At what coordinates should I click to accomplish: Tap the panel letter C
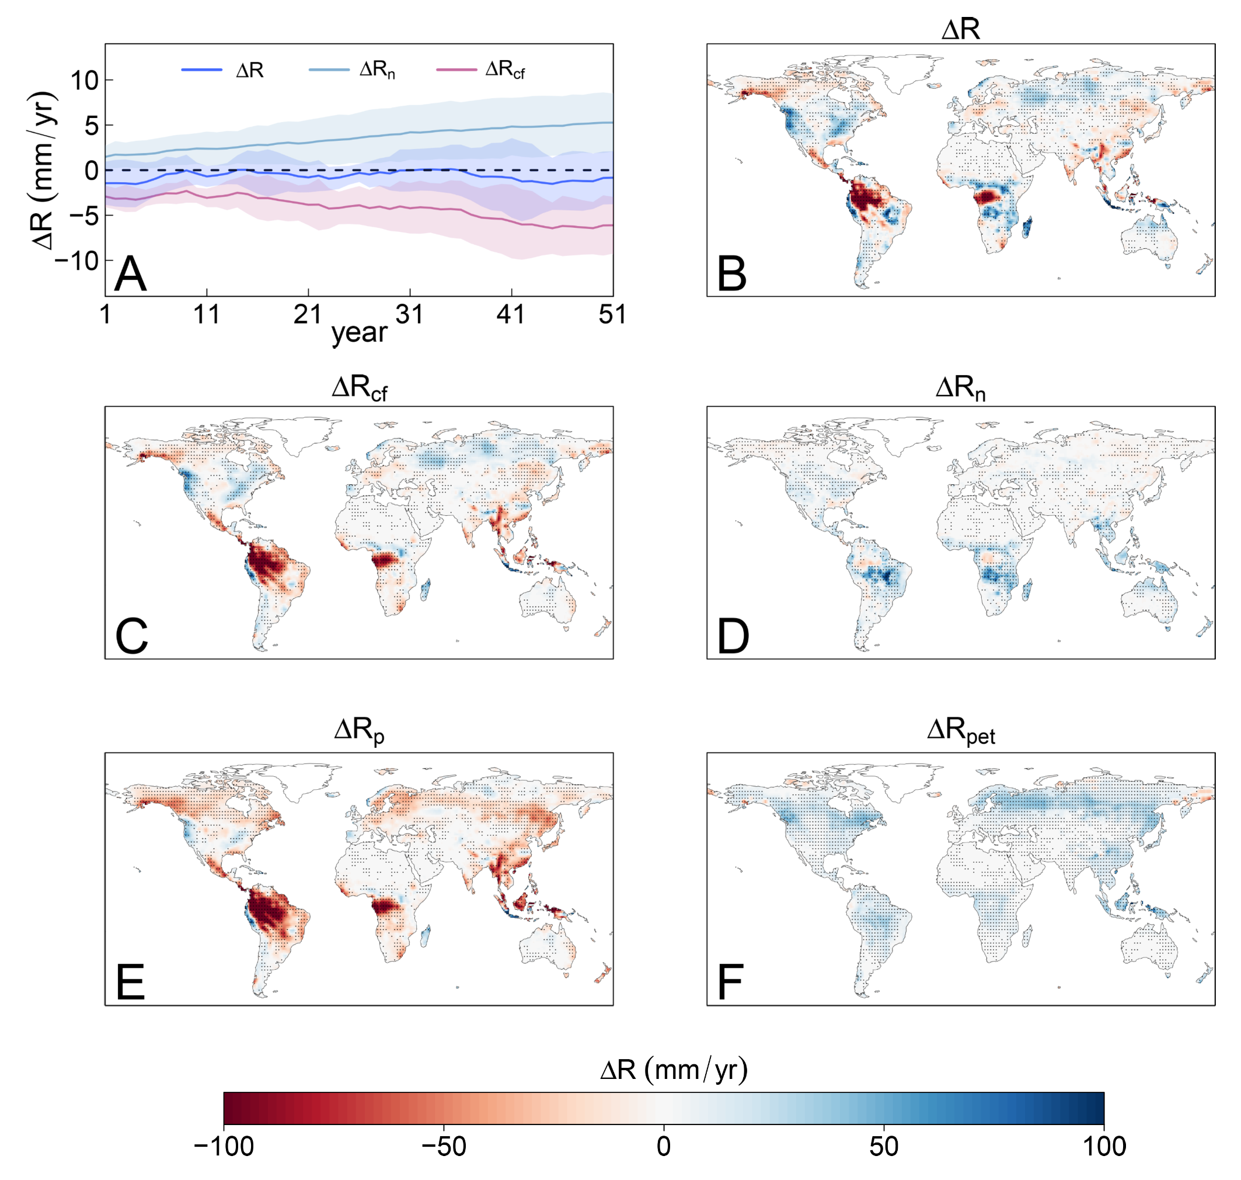pyautogui.click(x=131, y=637)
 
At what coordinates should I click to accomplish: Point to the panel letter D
pyautogui.click(x=733, y=637)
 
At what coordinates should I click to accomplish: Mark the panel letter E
pyautogui.click(x=130, y=983)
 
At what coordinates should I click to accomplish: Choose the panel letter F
pyautogui.click(x=730, y=983)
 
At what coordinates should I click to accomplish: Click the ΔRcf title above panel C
pyautogui.click(x=359, y=388)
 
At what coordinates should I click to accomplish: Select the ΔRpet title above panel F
pyautogui.click(x=961, y=731)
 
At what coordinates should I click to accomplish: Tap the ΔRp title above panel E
pyautogui.click(x=359, y=731)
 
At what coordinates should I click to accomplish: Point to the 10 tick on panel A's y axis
pyautogui.click(x=85, y=81)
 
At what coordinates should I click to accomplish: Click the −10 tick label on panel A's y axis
pyautogui.click(x=77, y=261)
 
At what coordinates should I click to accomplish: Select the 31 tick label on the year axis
pyautogui.click(x=409, y=314)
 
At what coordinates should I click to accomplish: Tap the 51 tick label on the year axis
pyautogui.click(x=612, y=314)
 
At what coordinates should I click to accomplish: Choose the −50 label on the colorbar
pyautogui.click(x=443, y=1147)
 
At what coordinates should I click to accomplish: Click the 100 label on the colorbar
pyautogui.click(x=1104, y=1147)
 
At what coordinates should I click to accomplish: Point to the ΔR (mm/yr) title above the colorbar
pyautogui.click(x=674, y=1069)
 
